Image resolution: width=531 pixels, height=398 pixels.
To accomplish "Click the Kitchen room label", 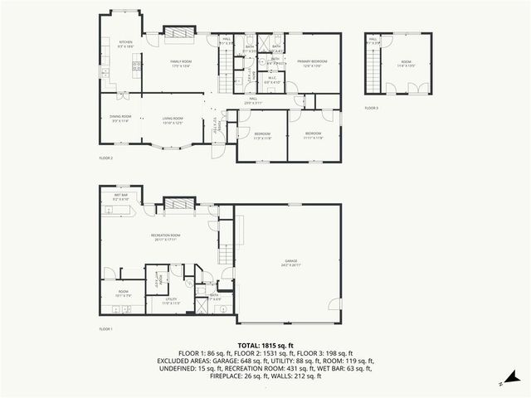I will pyautogui.click(x=125, y=43).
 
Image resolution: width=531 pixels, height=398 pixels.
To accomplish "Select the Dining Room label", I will pyautogui.click(x=119, y=120).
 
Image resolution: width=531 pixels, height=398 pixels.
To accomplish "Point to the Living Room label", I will pyautogui.click(x=172, y=120).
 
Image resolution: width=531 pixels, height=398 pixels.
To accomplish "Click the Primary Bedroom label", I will pyautogui.click(x=309, y=63).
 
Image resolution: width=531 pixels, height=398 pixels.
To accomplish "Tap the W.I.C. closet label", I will pyautogui.click(x=272, y=80).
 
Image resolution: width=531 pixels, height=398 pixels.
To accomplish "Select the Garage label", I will pyautogui.click(x=288, y=263).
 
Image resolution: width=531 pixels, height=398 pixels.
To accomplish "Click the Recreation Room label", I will pyautogui.click(x=166, y=238).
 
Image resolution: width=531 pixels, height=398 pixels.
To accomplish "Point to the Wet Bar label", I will pyautogui.click(x=120, y=197).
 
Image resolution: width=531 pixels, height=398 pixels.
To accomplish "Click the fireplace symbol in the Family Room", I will pyautogui.click(x=178, y=32).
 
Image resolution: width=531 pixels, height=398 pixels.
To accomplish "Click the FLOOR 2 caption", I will pyautogui.click(x=105, y=158).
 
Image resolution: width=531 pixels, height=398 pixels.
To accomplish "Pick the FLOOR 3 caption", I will pyautogui.click(x=371, y=108).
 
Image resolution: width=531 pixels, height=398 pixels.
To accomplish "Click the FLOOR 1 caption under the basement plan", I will pyautogui.click(x=105, y=329).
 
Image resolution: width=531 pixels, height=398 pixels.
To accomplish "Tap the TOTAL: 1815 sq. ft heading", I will pyautogui.click(x=265, y=345).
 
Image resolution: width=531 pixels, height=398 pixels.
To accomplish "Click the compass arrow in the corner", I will pyautogui.click(x=502, y=384).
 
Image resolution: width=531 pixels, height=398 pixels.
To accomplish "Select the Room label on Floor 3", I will pyautogui.click(x=407, y=63).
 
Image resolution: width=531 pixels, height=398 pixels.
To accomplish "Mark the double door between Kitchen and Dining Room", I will pyautogui.click(x=116, y=92).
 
